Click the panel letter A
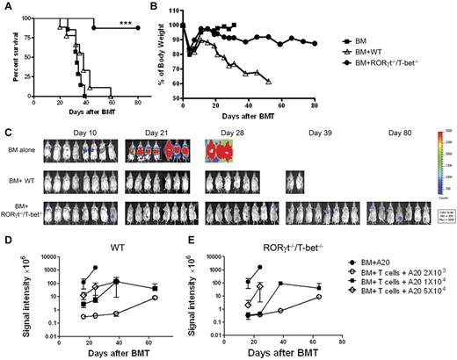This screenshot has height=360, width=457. [x=6, y=7]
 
